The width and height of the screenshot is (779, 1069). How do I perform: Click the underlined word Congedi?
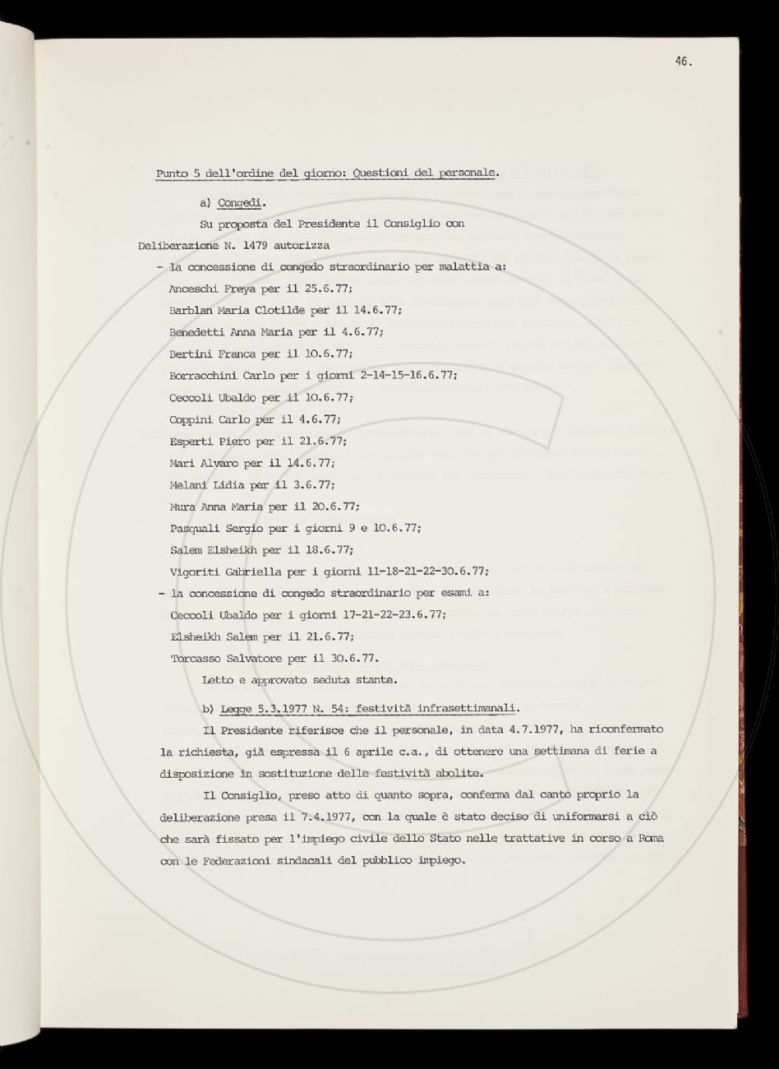coord(239,201)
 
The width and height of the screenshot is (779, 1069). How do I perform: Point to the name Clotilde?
coord(274,310)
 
